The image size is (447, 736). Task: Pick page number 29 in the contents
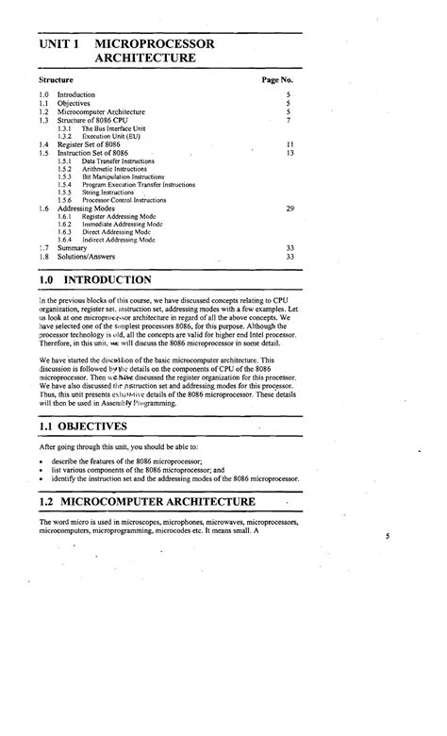coord(290,207)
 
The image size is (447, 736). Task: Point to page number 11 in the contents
coord(290,144)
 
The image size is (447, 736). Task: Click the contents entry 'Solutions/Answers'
coord(88,256)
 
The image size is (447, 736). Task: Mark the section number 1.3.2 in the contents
coord(64,137)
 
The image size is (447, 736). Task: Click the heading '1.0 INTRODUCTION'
coord(95,280)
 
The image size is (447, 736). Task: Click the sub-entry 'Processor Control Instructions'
coord(123,199)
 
